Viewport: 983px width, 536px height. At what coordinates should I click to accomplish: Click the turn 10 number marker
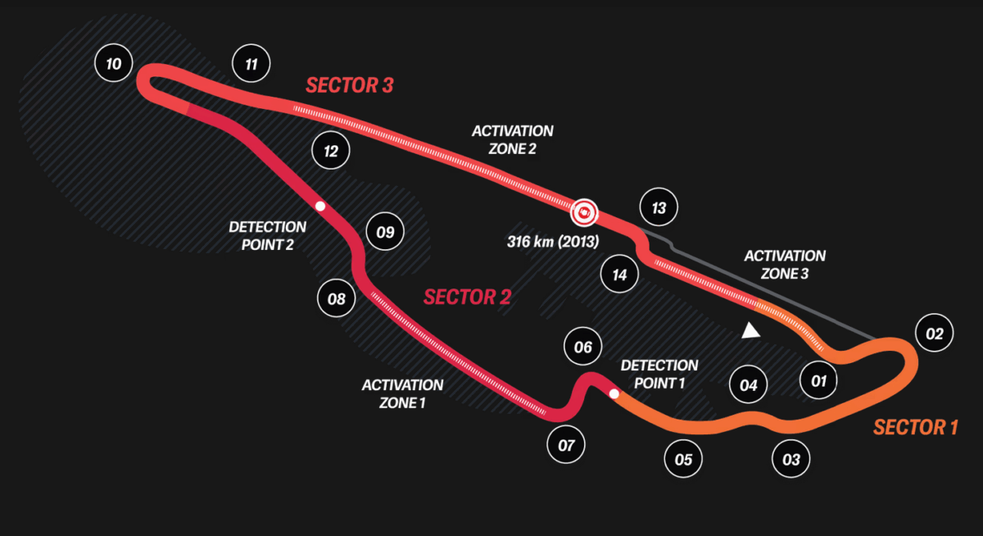pyautogui.click(x=114, y=63)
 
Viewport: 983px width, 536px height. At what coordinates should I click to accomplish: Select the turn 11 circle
pyautogui.click(x=251, y=63)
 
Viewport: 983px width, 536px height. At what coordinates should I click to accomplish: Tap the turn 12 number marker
pyautogui.click(x=331, y=151)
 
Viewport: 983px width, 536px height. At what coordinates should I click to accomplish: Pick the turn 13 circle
pyautogui.click(x=659, y=208)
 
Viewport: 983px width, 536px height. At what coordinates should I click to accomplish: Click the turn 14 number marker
pyautogui.click(x=619, y=275)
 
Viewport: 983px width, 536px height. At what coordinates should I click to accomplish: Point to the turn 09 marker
pyautogui.click(x=385, y=232)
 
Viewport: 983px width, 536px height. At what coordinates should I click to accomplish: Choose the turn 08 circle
pyautogui.click(x=337, y=298)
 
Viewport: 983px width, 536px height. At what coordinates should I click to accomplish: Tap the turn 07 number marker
pyautogui.click(x=566, y=446)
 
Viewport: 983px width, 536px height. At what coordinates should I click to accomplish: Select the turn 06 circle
pyautogui.click(x=582, y=347)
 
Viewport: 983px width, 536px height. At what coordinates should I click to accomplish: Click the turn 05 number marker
pyautogui.click(x=683, y=459)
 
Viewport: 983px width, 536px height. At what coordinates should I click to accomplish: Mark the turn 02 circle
pyautogui.click(x=935, y=334)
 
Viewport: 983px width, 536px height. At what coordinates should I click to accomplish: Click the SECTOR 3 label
pyautogui.click(x=350, y=85)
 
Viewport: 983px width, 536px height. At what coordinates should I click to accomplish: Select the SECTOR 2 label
pyautogui.click(x=467, y=297)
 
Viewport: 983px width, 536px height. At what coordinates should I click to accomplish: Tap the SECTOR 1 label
pyautogui.click(x=915, y=427)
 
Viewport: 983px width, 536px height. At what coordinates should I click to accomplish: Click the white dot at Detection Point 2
pyautogui.click(x=320, y=207)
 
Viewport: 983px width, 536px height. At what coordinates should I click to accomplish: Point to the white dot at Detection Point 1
pyautogui.click(x=614, y=394)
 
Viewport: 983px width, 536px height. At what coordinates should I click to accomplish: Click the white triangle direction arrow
pyautogui.click(x=749, y=330)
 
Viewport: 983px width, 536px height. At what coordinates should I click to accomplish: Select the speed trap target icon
pyautogui.click(x=582, y=213)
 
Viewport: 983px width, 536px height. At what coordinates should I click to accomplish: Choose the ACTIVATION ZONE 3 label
pyautogui.click(x=784, y=265)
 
